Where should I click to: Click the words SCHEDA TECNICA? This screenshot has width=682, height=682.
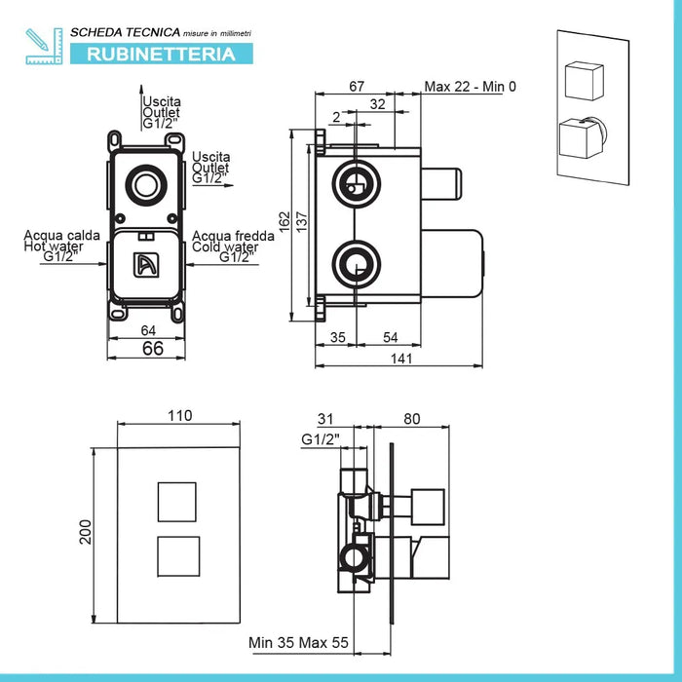point(108,32)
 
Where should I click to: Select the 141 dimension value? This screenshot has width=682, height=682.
point(401,359)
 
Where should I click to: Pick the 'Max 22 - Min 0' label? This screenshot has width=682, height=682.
point(470,87)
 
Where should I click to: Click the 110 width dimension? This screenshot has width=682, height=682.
point(179,416)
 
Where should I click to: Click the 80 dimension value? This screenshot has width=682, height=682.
point(411,420)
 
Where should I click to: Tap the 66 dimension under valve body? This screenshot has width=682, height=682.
point(152,348)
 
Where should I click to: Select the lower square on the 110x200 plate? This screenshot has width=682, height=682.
point(178,555)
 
